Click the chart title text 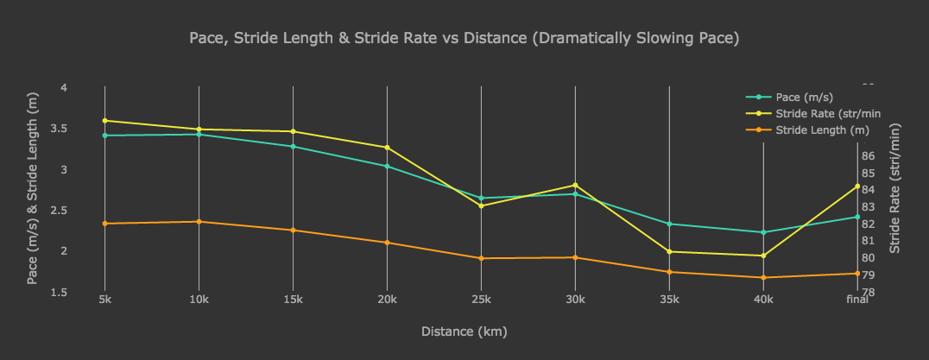[x=464, y=39]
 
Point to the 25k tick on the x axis [x=481, y=300]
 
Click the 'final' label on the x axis [x=857, y=300]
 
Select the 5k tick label [x=104, y=300]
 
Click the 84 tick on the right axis [x=869, y=190]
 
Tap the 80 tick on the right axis [x=869, y=258]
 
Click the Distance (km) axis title [x=464, y=332]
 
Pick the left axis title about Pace [x=33, y=190]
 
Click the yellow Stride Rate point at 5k [x=104, y=120]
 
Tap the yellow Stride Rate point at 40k [x=763, y=256]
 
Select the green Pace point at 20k [x=387, y=166]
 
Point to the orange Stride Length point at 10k [x=199, y=222]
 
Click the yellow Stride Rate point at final [x=857, y=186]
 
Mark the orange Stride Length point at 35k [x=669, y=272]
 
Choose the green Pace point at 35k [x=669, y=224]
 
